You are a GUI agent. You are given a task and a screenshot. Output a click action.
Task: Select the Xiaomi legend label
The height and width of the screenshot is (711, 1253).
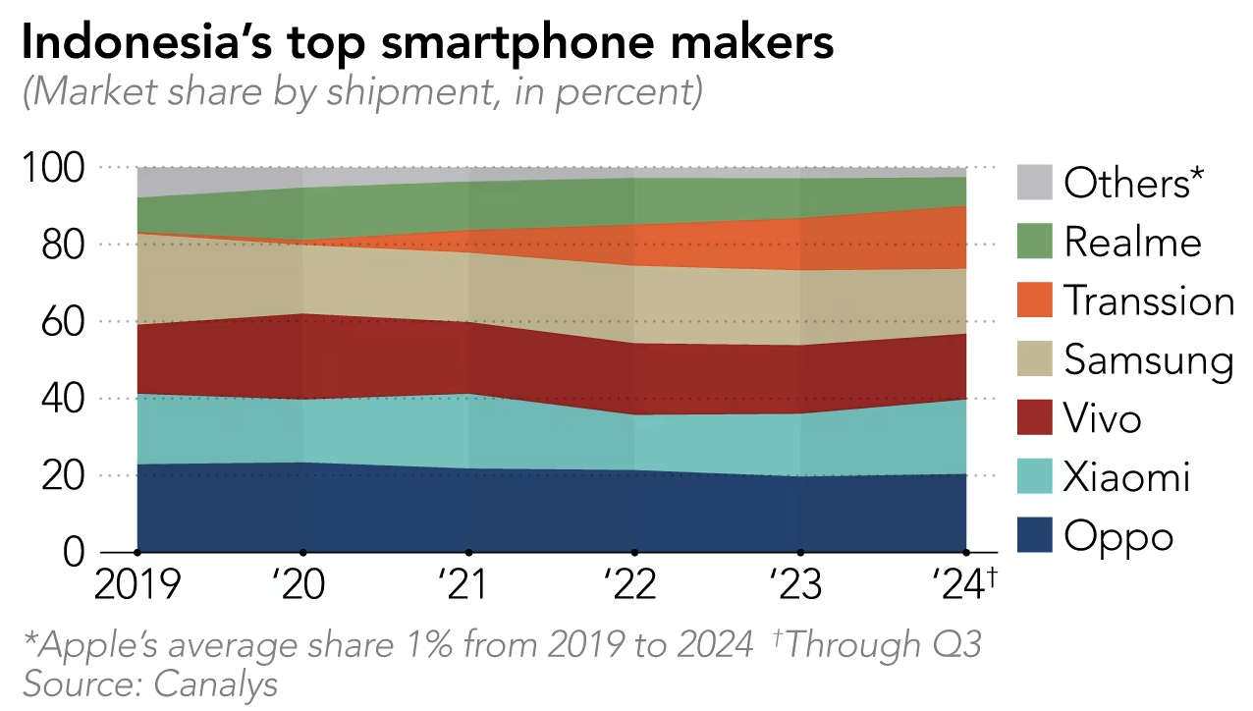click(x=1126, y=477)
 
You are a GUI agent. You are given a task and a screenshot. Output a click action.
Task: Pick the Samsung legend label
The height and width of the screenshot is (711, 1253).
click(x=1148, y=360)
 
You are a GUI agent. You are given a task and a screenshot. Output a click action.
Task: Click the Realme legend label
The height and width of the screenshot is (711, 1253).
click(x=1132, y=243)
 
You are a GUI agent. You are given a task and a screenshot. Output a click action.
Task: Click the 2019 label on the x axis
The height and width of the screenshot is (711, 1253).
click(x=136, y=584)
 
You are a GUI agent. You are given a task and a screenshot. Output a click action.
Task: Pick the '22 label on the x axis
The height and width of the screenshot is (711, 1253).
click(x=630, y=584)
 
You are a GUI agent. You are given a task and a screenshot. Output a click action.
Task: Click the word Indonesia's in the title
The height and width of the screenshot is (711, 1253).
click(x=146, y=44)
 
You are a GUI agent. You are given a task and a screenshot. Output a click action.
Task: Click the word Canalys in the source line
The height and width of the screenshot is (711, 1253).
click(x=217, y=684)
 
